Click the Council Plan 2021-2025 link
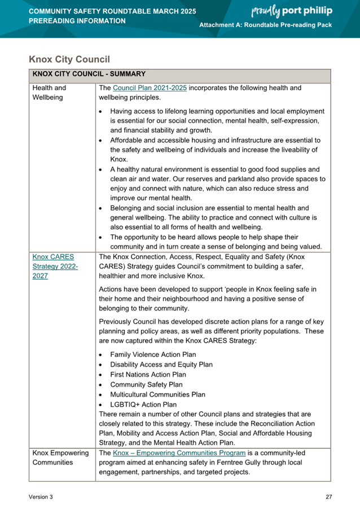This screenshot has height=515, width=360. tap(150, 88)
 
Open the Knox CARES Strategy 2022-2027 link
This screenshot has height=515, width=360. tap(55, 266)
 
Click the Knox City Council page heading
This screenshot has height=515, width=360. tap(69, 59)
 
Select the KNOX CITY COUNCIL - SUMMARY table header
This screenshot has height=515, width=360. tap(89, 74)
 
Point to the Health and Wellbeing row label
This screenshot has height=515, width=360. tap(50, 93)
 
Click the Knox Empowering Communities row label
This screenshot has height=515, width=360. tap(60, 457)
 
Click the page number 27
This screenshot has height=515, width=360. tap(328, 497)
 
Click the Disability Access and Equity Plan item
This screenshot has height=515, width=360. tap(161, 365)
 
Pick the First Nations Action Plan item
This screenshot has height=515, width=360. tap(148, 375)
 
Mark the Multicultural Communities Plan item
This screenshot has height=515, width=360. tap(158, 394)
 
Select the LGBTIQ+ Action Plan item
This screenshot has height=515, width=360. tap(143, 404)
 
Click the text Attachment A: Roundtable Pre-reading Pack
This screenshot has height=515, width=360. tap(266, 26)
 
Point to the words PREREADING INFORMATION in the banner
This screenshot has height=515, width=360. tap(77, 21)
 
